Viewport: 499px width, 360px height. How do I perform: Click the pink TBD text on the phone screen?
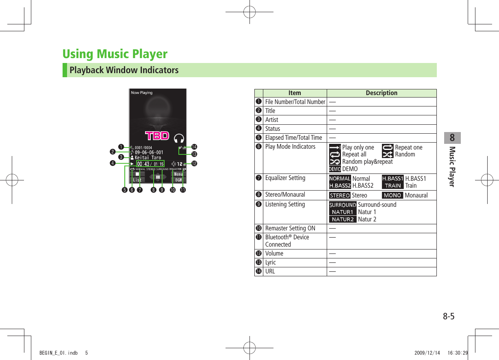pyautogui.click(x=157, y=135)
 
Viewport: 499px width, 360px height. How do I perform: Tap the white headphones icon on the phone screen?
pyautogui.click(x=178, y=138)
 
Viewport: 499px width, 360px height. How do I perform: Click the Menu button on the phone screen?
pyautogui.click(x=178, y=174)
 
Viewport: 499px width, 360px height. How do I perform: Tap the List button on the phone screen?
pyautogui.click(x=137, y=180)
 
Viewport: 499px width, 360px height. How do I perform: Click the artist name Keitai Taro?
pyautogui.click(x=148, y=158)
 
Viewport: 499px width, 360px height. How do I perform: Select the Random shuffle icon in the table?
pyautogui.click(x=388, y=154)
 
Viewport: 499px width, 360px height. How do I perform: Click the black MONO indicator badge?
pyautogui.click(x=393, y=195)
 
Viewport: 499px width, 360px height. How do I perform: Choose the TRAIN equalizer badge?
pyautogui.click(x=393, y=185)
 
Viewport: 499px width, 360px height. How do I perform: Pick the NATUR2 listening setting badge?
pyautogui.click(x=343, y=219)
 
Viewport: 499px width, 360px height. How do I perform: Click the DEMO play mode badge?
pyautogui.click(x=334, y=169)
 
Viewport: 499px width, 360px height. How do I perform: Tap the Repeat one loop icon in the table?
pyautogui.click(x=388, y=147)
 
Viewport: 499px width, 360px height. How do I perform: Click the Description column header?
pyautogui.click(x=381, y=93)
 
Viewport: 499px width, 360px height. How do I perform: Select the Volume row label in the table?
pyautogui.click(x=274, y=254)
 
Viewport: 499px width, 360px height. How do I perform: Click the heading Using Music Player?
pyautogui.click(x=115, y=54)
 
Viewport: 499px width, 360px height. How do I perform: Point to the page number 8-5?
pyautogui.click(x=448, y=316)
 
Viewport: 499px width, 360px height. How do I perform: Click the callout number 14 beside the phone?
pyautogui.click(x=194, y=146)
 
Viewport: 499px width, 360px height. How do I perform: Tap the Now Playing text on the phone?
pyautogui.click(x=142, y=93)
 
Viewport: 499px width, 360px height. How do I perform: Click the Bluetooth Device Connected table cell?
pyautogui.click(x=287, y=241)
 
